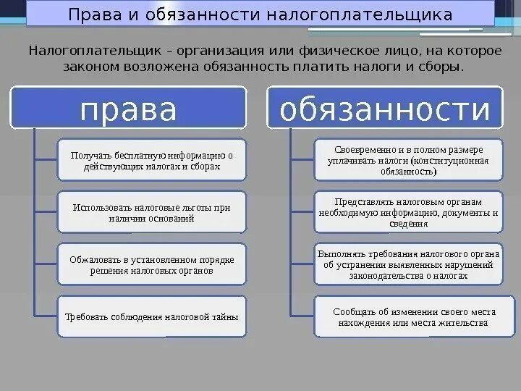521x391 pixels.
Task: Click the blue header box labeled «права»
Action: (129, 110)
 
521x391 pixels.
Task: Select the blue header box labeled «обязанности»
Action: (385, 110)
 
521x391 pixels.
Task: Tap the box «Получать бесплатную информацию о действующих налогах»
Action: (152, 160)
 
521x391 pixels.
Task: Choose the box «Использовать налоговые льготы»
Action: (152, 212)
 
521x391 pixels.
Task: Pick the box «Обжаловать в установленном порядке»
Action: (152, 264)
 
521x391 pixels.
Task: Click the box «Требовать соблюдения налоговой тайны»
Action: (152, 316)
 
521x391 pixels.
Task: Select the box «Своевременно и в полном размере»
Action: (408, 159)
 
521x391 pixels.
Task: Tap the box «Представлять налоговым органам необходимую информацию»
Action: (408, 212)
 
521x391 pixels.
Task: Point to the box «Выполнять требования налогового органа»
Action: (408, 264)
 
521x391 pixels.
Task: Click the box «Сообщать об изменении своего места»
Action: (408, 316)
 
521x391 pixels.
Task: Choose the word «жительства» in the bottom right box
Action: (463, 322)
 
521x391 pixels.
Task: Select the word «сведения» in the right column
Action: (409, 224)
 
